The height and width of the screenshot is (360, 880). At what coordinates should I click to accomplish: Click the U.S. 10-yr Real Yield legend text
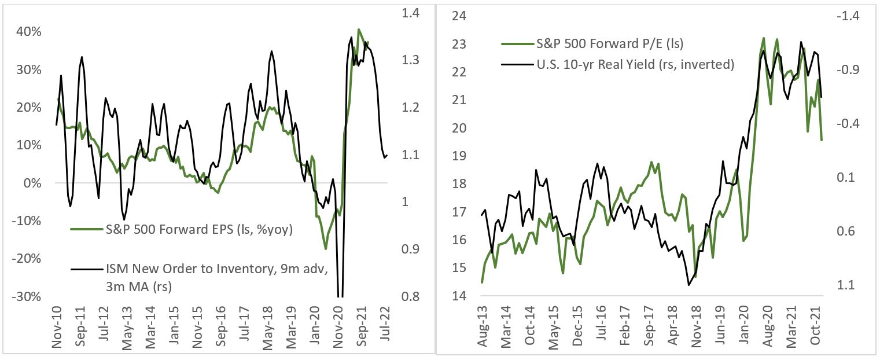point(633,64)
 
